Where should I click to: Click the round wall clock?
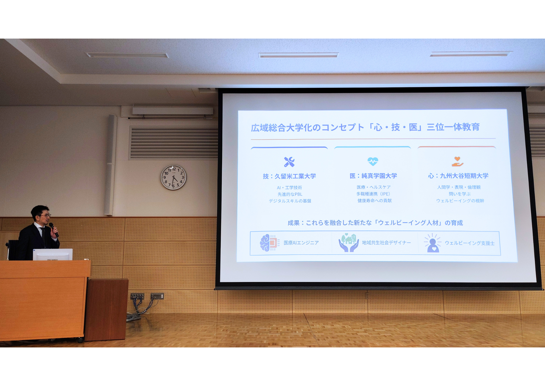173,177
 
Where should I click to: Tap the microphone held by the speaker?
53,230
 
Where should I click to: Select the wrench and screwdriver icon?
289,162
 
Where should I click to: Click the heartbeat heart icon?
373,161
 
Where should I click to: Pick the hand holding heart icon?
457,161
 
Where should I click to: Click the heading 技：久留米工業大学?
289,176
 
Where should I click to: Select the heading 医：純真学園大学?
373,176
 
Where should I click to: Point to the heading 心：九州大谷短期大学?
458,176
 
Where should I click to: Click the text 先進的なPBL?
290,194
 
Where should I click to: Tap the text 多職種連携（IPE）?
373,194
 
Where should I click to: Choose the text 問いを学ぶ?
459,194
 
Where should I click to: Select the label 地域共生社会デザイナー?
386,243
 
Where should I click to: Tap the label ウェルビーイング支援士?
470,243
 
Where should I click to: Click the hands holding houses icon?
348,242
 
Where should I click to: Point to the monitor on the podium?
53,255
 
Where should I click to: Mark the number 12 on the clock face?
174,169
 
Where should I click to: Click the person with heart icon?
432,243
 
